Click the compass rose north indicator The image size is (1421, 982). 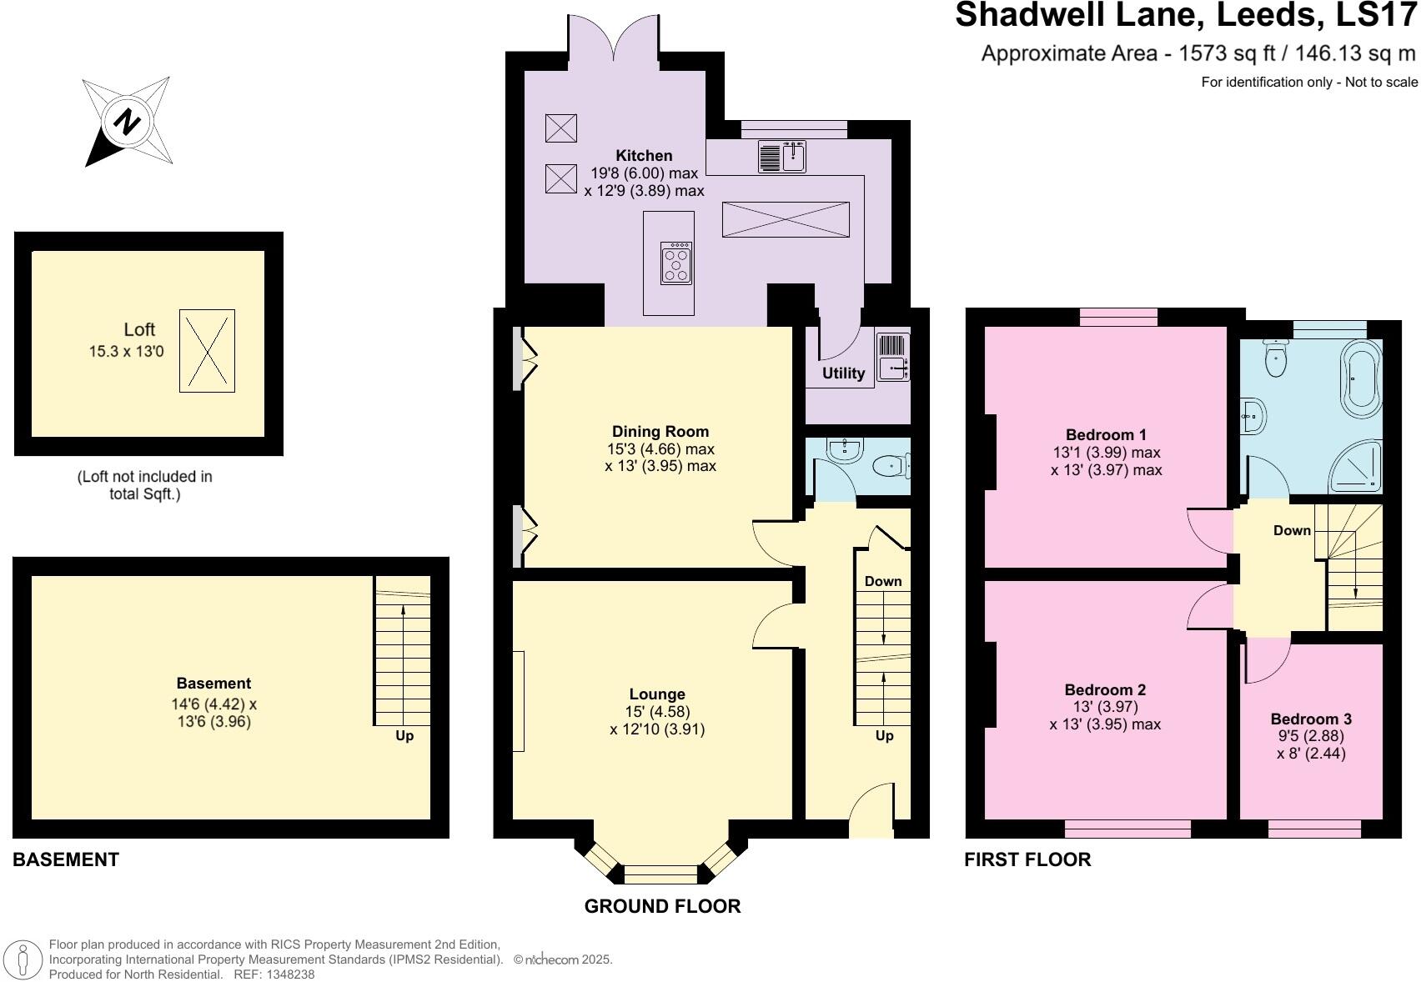point(127,122)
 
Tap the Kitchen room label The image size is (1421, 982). point(644,156)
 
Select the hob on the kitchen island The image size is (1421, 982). point(675,263)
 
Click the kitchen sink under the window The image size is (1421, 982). point(782,156)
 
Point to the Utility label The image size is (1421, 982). point(843,373)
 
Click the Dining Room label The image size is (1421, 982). point(660,432)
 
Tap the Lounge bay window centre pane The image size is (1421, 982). point(660,874)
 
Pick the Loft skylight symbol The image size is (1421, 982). point(207,351)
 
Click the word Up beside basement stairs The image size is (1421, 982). point(404,736)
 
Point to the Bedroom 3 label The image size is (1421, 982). point(1311,719)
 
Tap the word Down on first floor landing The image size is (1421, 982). point(1292,531)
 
